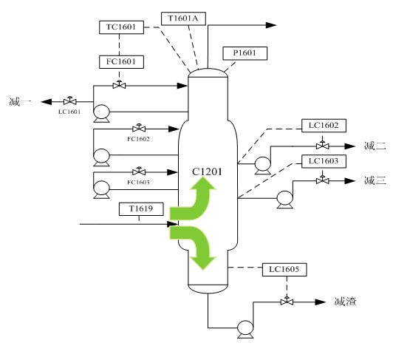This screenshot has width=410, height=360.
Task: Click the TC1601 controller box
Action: [x=121, y=27]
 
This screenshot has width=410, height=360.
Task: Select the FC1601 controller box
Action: [x=121, y=62]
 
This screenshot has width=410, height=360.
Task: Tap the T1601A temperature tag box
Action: [x=183, y=18]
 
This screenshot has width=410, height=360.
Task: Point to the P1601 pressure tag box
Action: [x=245, y=53]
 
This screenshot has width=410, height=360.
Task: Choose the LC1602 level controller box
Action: [x=324, y=126]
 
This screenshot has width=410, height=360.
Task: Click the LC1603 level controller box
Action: [x=324, y=161]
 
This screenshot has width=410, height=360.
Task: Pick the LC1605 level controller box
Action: [x=284, y=270]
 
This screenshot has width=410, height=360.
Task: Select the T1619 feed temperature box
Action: [x=141, y=209]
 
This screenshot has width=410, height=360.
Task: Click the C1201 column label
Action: [x=207, y=171]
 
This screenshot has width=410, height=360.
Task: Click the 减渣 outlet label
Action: [x=345, y=302]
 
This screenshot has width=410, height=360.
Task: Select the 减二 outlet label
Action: [x=375, y=146]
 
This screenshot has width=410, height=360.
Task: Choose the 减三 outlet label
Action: [x=375, y=180]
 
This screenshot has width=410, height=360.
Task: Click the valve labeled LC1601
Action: [x=70, y=101]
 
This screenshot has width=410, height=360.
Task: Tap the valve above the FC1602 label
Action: [x=139, y=128]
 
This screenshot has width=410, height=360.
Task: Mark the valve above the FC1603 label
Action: [x=139, y=171]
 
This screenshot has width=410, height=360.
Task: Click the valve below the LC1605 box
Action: [x=287, y=302]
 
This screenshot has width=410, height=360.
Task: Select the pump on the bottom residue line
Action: [x=245, y=329]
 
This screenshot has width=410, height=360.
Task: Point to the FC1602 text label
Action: [x=138, y=139]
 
